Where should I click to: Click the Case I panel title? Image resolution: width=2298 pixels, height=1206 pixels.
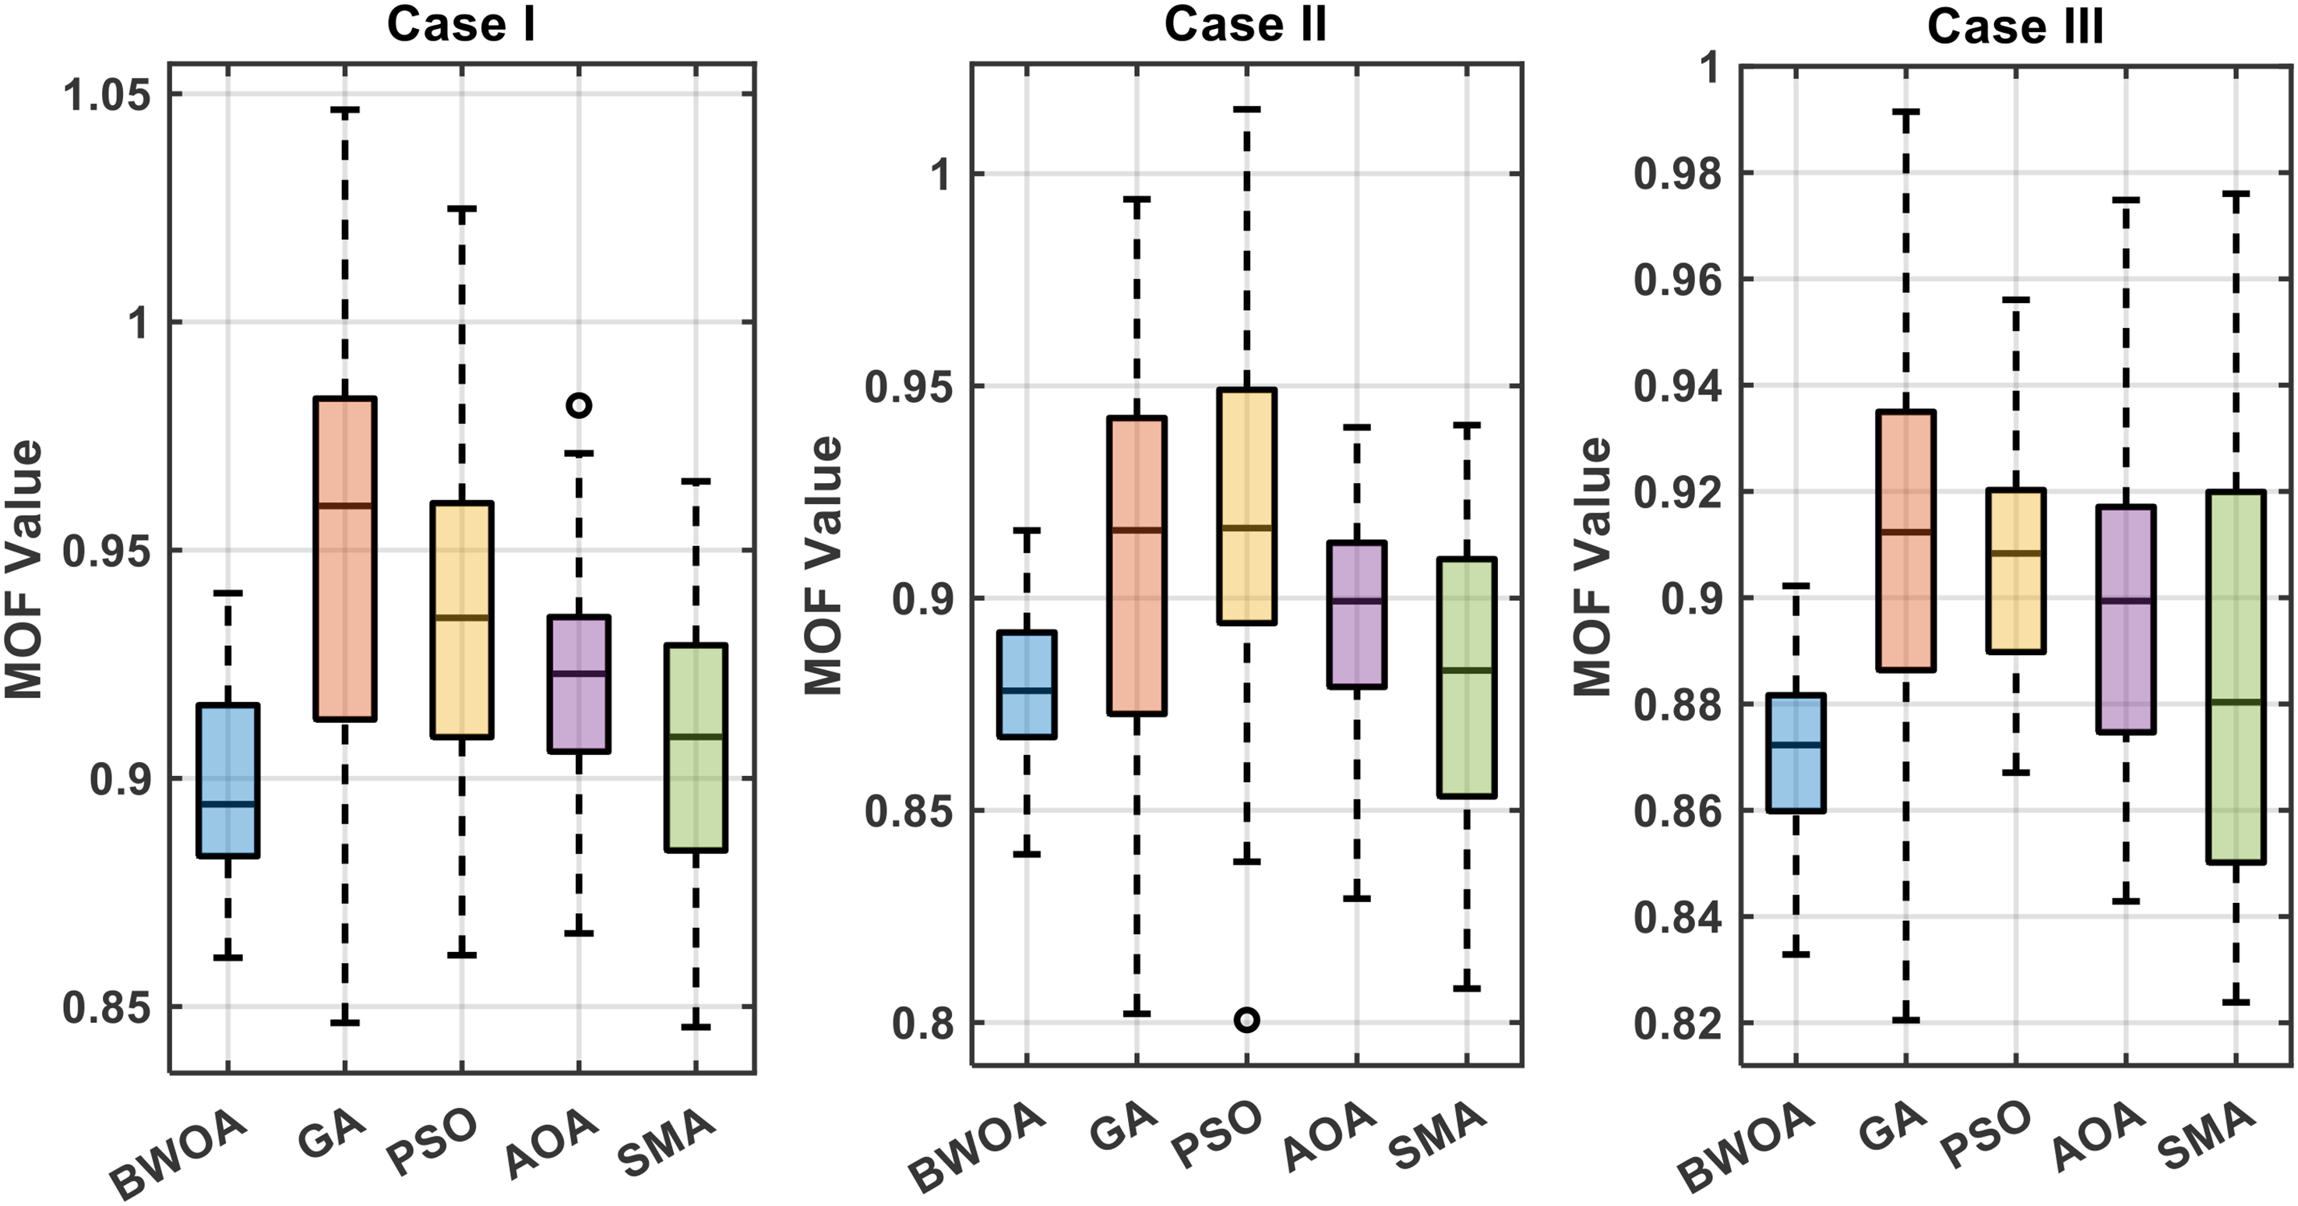click(461, 24)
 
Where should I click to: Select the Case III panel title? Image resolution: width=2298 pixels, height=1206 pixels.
click(2015, 26)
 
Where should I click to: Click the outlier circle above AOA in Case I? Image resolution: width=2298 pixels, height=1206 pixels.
click(579, 405)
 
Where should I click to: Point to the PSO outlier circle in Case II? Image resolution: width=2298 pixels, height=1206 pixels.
click(1246, 1020)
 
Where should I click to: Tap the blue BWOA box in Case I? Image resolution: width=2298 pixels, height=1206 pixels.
click(228, 781)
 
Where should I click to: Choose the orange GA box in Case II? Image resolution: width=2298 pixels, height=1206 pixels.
click(1137, 566)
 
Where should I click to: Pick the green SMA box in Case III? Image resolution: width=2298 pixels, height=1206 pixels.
click(2236, 676)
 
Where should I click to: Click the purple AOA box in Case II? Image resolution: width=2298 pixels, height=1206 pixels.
click(1357, 614)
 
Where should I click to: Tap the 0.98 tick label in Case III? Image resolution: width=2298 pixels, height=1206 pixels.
click(1676, 173)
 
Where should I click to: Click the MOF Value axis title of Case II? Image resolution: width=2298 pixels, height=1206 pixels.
click(823, 566)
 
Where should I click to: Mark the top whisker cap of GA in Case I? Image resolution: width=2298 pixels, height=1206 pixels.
click(344, 110)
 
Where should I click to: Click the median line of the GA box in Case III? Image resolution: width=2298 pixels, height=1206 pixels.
click(1905, 533)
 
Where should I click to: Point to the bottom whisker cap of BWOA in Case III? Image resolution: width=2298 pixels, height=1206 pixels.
click(1796, 954)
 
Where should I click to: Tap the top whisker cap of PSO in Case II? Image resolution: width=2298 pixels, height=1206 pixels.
click(1246, 109)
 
